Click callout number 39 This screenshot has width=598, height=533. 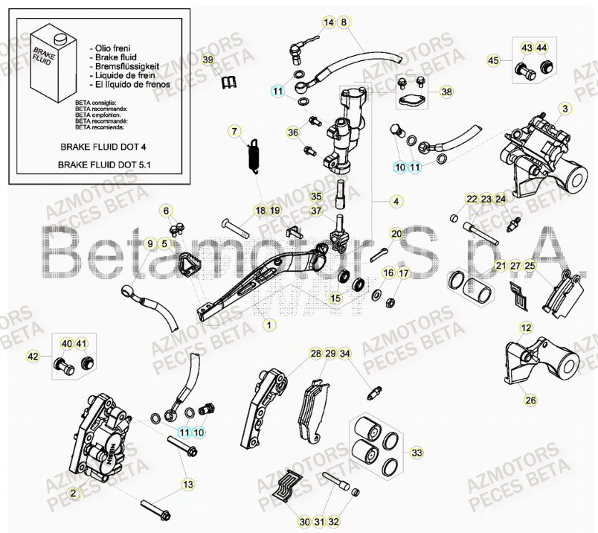[x=208, y=60]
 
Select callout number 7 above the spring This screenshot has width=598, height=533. [x=234, y=132]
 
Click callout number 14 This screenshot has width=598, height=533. [x=328, y=22]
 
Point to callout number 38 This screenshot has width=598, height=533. [x=446, y=92]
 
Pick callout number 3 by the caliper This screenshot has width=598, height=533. [x=565, y=109]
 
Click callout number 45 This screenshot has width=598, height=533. [x=494, y=60]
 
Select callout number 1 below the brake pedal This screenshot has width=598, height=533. [x=269, y=325]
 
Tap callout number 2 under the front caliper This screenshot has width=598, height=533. [x=73, y=493]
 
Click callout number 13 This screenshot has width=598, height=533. [x=188, y=485]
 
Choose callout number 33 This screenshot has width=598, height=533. [x=417, y=452]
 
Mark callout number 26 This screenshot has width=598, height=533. [x=530, y=400]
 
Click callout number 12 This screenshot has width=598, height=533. [x=526, y=328]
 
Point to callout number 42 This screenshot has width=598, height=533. [x=32, y=357]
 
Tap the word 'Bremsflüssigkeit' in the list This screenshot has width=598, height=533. [x=123, y=66]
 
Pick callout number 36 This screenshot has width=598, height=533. [x=292, y=132]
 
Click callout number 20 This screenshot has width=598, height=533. [x=396, y=233]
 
